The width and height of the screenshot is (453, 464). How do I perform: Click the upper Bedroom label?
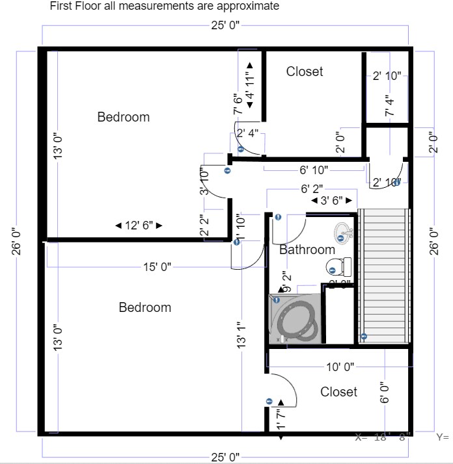pos(123,117)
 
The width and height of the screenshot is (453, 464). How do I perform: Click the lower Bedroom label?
pos(144,307)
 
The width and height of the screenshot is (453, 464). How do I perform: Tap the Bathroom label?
pos(307,250)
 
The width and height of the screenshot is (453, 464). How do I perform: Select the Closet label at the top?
pos(304,71)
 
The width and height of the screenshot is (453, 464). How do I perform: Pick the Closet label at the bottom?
pos(338,392)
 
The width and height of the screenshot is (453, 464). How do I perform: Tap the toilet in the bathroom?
pos(338,266)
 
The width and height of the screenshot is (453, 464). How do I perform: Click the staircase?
pos(385,276)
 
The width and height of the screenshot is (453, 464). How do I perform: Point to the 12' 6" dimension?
pos(138,226)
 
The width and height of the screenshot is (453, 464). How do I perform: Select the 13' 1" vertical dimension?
pos(243,335)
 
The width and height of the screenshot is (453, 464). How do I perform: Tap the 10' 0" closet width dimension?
pos(339,367)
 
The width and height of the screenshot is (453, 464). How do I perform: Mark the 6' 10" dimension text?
pos(313,170)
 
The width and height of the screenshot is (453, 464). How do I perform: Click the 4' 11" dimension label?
pos(250,83)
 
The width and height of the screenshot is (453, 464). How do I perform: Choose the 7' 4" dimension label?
pos(390,105)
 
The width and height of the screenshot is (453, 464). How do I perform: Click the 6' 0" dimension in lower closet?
pos(385,392)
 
